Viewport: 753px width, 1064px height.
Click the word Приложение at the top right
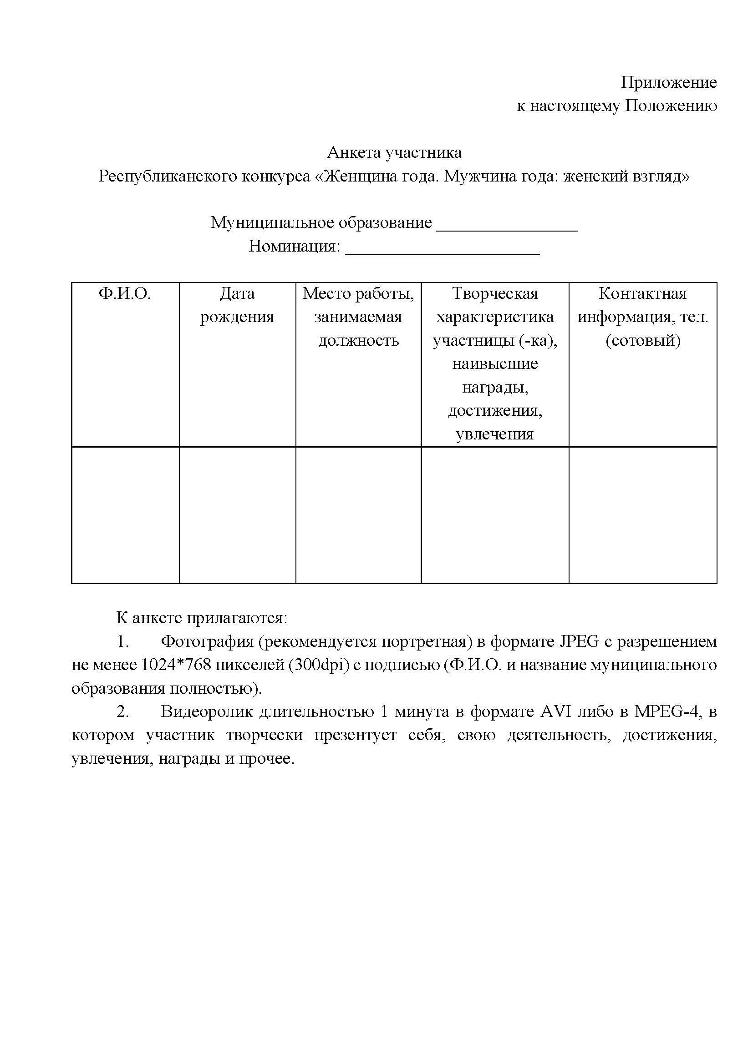click(669, 82)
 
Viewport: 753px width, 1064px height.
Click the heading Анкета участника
click(394, 152)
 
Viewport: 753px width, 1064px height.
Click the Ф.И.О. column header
click(125, 294)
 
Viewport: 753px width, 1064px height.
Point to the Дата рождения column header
click(237, 305)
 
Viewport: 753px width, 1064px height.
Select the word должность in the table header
click(358, 341)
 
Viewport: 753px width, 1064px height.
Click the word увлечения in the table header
click(495, 435)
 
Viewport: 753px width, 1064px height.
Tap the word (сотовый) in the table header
click(643, 341)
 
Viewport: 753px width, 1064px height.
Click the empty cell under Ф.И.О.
click(125, 515)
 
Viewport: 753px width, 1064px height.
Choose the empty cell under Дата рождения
click(237, 515)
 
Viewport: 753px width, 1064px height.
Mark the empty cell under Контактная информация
click(643, 515)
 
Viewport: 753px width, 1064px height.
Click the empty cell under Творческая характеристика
click(495, 515)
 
